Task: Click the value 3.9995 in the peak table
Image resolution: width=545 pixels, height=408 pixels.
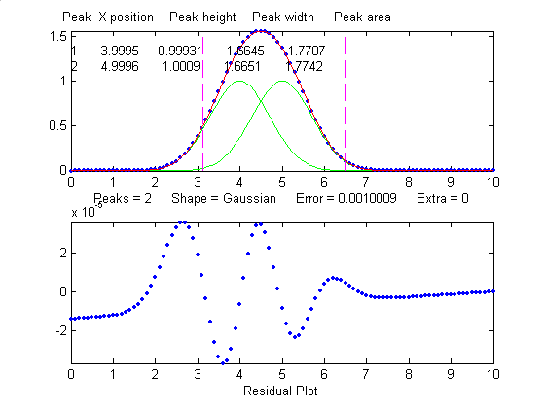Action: coord(118,50)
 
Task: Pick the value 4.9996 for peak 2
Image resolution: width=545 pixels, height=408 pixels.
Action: coord(118,66)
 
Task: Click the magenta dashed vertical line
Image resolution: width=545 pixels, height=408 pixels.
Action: coord(202,117)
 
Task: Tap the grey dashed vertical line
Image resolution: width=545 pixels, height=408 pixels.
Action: coord(346,117)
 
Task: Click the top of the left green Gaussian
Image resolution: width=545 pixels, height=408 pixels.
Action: coord(239,81)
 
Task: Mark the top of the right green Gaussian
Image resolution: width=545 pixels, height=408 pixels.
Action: coord(282,81)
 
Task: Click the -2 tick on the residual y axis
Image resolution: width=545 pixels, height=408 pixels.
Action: coord(59,329)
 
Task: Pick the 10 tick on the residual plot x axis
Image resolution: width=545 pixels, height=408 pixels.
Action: coord(493,373)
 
